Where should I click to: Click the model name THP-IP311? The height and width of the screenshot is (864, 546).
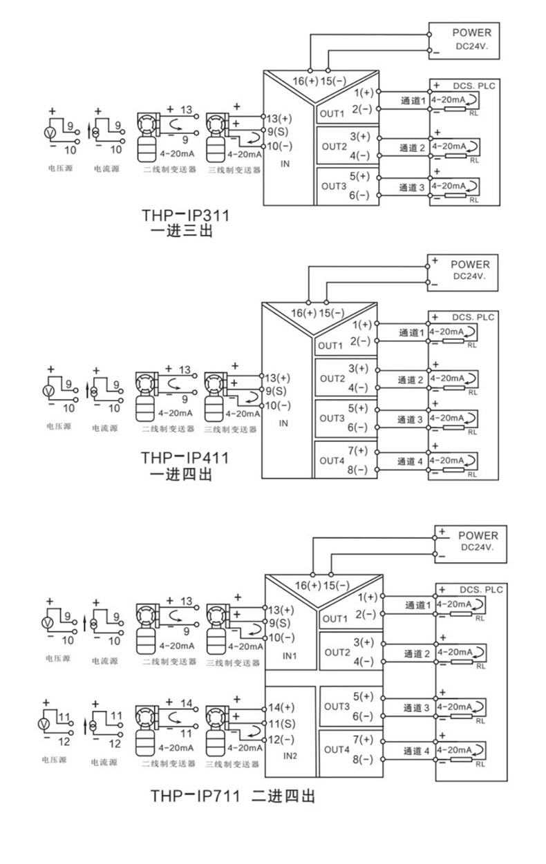click(x=186, y=215)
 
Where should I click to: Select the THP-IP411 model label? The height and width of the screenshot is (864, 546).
click(x=185, y=458)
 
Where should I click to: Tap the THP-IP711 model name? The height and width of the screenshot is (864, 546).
click(x=195, y=796)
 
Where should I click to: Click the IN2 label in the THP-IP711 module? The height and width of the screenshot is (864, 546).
click(x=290, y=756)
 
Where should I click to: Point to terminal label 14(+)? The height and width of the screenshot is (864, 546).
click(x=281, y=707)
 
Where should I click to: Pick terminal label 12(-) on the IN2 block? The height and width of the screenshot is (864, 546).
click(x=281, y=740)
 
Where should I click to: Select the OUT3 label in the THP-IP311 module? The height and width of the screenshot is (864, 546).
click(x=334, y=186)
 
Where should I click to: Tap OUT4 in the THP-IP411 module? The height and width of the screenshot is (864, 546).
click(x=332, y=461)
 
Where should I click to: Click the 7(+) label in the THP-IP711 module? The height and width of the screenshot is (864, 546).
click(x=363, y=740)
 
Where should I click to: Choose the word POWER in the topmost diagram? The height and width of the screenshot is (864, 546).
click(x=472, y=32)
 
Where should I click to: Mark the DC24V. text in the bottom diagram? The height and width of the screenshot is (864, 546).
click(x=478, y=547)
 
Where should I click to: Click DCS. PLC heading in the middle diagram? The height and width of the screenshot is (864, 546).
click(x=473, y=317)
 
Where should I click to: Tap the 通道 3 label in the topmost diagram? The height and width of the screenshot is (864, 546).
click(x=411, y=187)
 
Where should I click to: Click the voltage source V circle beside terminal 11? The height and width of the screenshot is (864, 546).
click(x=44, y=724)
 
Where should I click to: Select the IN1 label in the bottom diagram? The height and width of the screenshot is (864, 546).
click(x=290, y=655)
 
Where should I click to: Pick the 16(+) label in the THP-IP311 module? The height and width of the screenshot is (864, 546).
click(x=305, y=81)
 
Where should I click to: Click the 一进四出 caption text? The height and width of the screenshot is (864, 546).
click(x=181, y=474)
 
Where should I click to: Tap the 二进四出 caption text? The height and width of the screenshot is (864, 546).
click(x=283, y=796)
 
